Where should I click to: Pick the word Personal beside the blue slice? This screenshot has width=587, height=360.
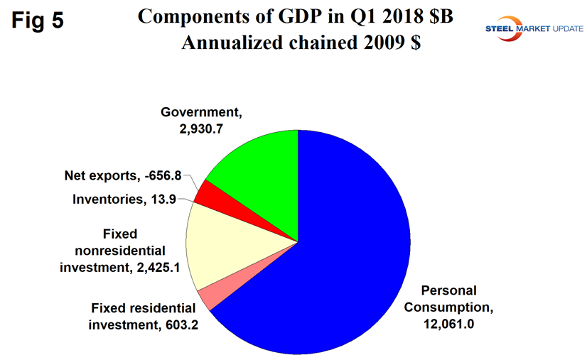coord(448,290)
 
